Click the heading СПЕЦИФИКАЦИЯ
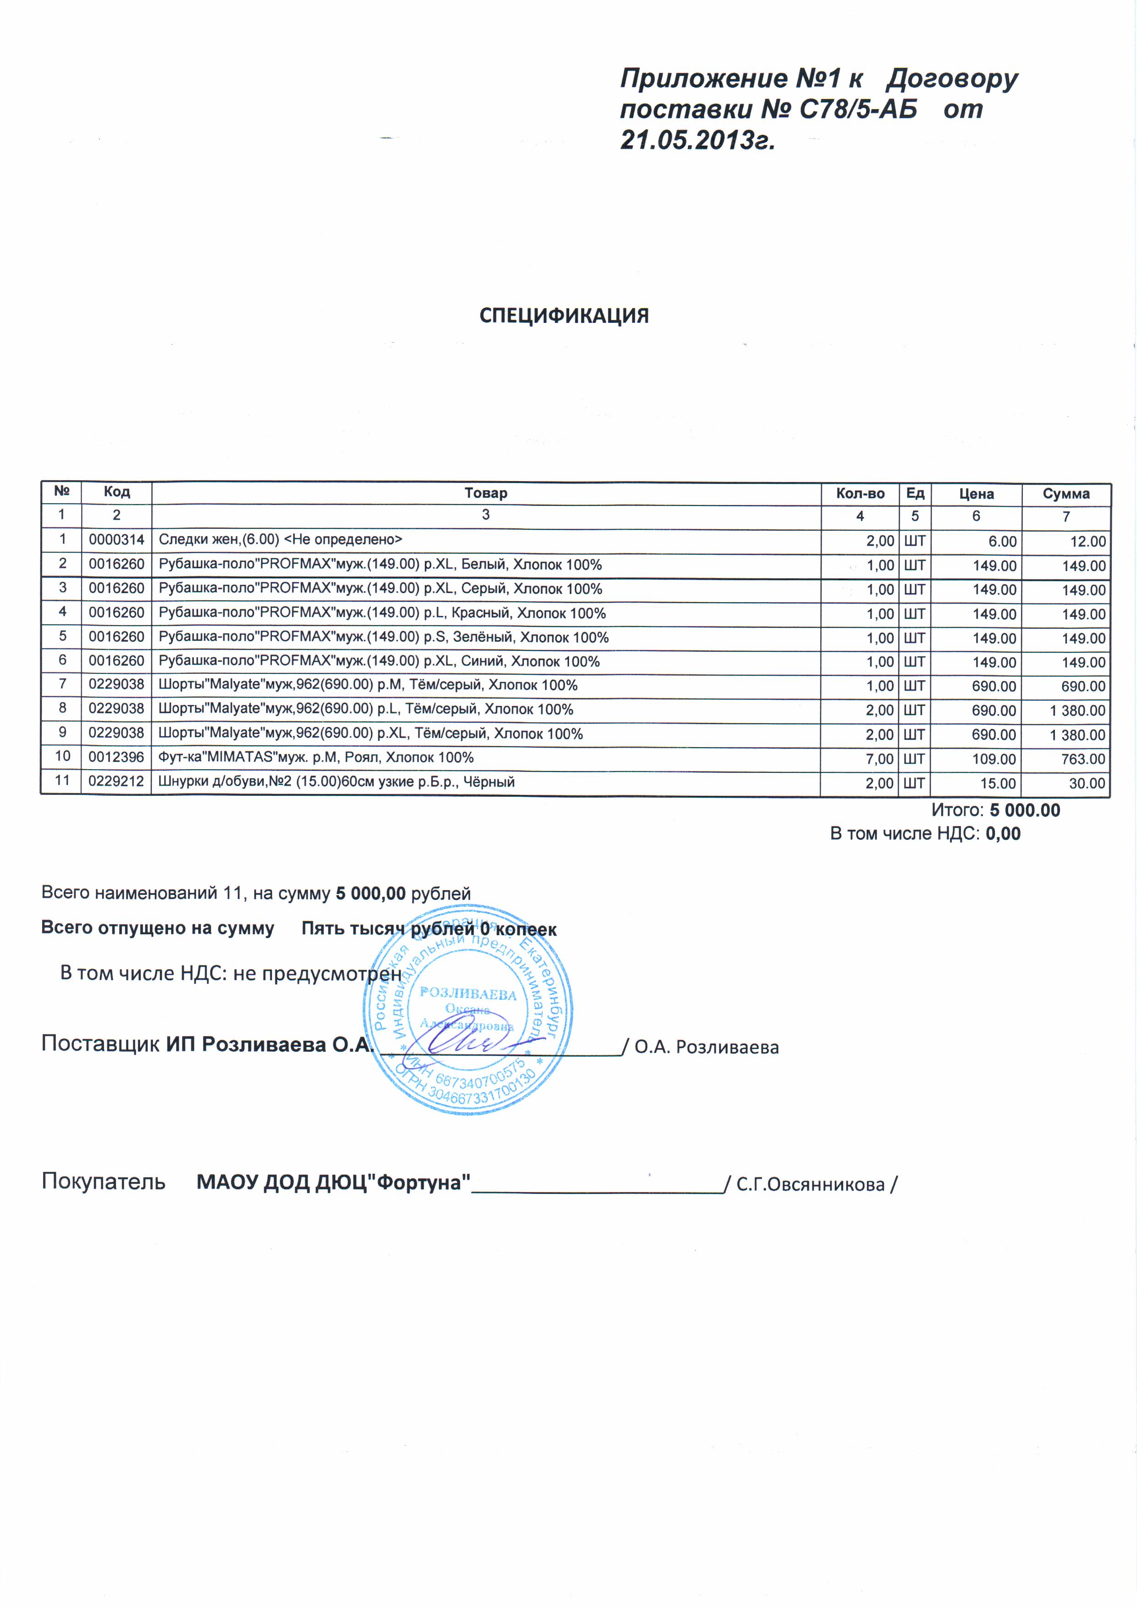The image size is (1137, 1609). (564, 316)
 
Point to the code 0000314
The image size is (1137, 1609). (116, 539)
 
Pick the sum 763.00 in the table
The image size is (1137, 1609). (1083, 759)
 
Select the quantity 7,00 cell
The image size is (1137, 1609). (880, 759)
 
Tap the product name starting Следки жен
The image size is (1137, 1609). (280, 539)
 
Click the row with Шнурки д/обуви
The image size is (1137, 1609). (336, 782)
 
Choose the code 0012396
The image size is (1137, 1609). (116, 758)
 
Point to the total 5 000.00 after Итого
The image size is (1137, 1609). (1025, 811)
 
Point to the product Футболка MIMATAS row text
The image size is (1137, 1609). (316, 758)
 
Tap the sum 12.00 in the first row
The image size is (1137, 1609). (1088, 542)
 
